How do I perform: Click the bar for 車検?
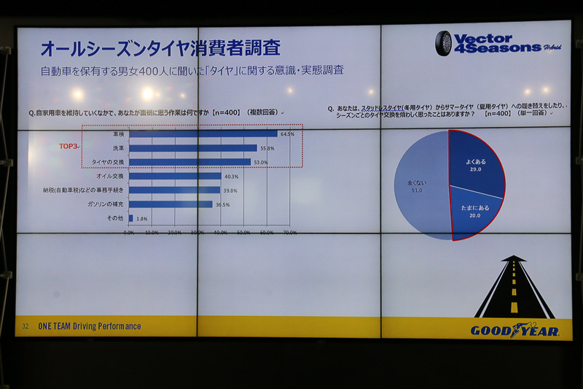click(203, 134)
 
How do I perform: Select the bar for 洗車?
click(192, 147)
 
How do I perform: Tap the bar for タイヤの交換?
click(189, 162)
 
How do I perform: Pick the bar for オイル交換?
click(175, 176)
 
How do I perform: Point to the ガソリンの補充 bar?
click(171, 204)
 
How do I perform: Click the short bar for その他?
click(131, 218)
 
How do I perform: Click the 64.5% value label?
click(286, 134)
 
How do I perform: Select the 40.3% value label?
click(231, 177)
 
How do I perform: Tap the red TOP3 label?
click(69, 146)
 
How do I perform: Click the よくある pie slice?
click(475, 165)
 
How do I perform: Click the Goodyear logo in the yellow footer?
click(514, 331)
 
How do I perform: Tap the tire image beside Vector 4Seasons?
click(443, 43)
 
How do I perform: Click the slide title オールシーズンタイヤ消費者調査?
click(160, 49)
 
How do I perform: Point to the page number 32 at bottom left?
click(25, 326)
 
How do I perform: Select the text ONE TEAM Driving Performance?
click(90, 326)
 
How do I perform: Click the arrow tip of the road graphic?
click(514, 259)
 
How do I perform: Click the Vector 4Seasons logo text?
click(498, 43)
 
